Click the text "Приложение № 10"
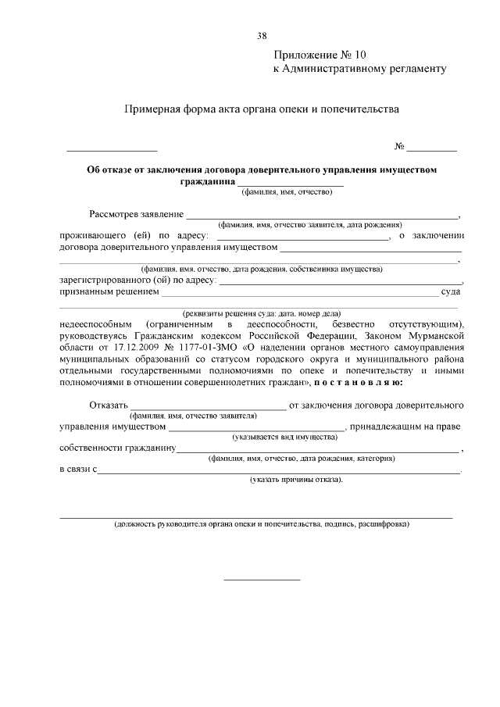tap(319, 55)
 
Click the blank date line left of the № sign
tap(112, 148)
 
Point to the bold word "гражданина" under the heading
tap(208, 181)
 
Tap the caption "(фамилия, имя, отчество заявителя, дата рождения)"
tap(309, 224)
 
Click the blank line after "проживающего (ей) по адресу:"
tap(302, 237)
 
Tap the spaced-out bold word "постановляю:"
tap(358, 383)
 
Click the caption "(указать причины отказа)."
tap(297, 480)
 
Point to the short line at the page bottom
tap(262, 579)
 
